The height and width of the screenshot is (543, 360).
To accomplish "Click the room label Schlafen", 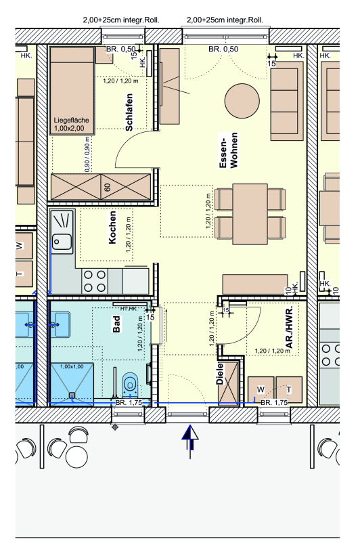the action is (129, 112).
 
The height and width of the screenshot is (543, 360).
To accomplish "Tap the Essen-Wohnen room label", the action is (229, 150).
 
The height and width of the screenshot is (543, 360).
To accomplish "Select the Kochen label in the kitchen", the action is (112, 227).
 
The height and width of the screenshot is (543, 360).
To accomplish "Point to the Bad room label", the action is (116, 324).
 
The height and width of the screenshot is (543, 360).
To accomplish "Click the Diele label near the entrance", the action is (220, 374).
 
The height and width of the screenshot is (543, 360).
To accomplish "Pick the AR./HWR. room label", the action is (290, 327).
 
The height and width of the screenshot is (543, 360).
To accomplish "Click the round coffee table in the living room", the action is (242, 101).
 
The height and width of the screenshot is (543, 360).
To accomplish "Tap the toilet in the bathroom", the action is (130, 385).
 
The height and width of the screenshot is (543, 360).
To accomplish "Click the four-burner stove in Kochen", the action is (95, 281).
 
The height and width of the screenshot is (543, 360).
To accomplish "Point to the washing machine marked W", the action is (261, 389).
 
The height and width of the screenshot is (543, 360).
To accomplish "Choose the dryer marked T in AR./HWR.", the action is (289, 389).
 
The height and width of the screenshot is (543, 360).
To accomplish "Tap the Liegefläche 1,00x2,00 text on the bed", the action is (71, 125).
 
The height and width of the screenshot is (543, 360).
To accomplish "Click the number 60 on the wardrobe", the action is (108, 187).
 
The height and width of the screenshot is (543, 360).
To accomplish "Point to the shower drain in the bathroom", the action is (72, 395).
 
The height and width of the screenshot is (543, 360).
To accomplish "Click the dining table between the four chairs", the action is (250, 214).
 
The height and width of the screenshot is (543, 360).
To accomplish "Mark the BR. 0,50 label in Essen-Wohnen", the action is (223, 49).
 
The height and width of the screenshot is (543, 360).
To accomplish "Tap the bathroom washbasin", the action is (60, 324).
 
